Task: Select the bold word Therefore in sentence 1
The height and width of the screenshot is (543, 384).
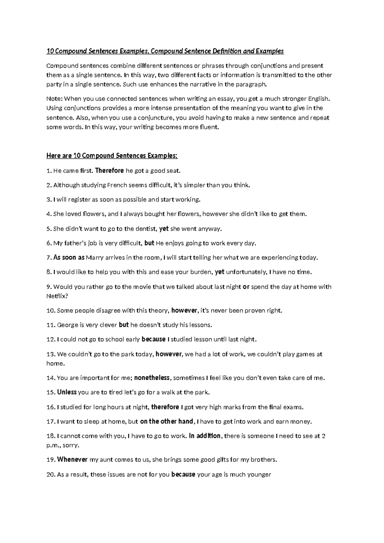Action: pyautogui.click(x=109, y=171)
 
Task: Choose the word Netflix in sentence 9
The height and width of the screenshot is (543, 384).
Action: pyautogui.click(x=56, y=296)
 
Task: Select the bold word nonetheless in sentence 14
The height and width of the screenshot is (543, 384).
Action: pyautogui.click(x=152, y=378)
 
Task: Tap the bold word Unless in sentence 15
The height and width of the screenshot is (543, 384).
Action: pyautogui.click(x=67, y=392)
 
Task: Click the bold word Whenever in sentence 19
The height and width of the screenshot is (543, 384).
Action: pyautogui.click(x=72, y=459)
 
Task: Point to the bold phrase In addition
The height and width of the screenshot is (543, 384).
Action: pyautogui.click(x=205, y=436)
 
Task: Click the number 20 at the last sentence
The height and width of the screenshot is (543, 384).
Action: pyautogui.click(x=51, y=474)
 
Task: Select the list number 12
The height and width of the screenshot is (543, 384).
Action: pyautogui.click(x=51, y=339)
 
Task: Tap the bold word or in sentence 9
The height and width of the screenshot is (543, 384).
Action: pyautogui.click(x=246, y=287)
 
